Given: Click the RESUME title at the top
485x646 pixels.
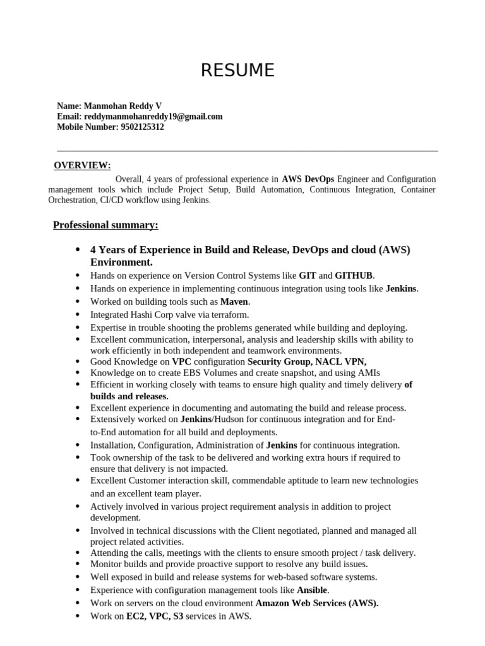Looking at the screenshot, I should click(x=237, y=71).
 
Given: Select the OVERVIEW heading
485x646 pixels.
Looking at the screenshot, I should click(x=82, y=166).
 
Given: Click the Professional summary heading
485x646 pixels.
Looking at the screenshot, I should click(x=105, y=225).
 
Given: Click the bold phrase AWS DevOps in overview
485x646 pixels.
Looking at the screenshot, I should click(x=308, y=179).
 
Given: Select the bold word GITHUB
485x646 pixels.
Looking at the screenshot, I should click(x=354, y=276).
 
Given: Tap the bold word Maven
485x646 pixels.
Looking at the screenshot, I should click(x=234, y=302).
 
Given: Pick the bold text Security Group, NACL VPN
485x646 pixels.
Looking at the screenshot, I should click(x=307, y=362).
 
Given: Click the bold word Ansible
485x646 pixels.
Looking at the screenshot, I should click(x=312, y=590).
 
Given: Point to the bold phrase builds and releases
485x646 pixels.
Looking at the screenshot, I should click(x=129, y=396).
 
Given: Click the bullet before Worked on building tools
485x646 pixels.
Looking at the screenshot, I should click(x=77, y=302).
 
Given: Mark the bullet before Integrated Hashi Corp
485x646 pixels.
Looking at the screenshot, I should click(x=77, y=314).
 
